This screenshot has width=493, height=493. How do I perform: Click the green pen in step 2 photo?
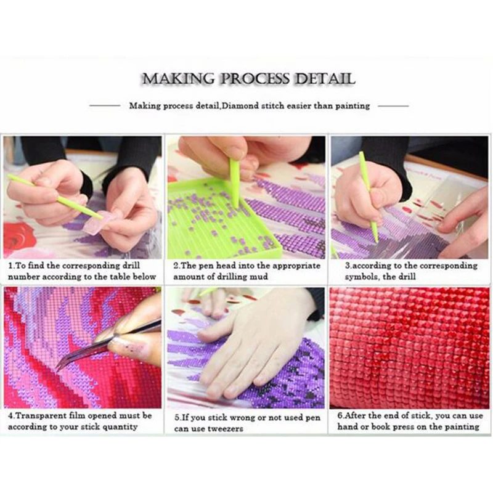(234, 179)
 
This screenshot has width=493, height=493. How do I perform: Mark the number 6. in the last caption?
(340, 416)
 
